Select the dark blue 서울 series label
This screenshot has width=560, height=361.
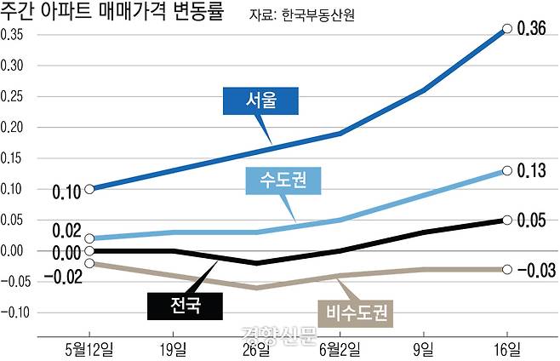coord(261,100)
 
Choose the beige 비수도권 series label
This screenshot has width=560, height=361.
coord(356,312)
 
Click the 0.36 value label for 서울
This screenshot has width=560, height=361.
coord(531,28)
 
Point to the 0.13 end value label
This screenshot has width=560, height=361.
coord(531,170)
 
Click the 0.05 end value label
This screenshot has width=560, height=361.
coord(531,221)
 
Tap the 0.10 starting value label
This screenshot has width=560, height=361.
coord(66,191)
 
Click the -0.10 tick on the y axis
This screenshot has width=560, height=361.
coord(16,312)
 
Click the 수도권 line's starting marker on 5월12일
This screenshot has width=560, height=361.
coord(89,238)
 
